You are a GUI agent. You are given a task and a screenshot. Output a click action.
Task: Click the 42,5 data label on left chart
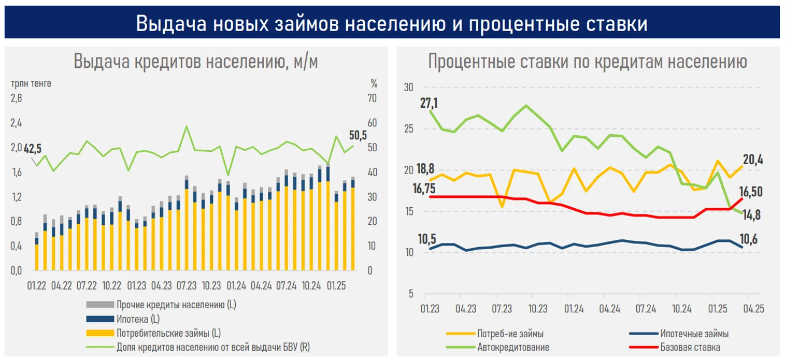point(32,149)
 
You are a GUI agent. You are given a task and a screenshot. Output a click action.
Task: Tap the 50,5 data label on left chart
point(358,136)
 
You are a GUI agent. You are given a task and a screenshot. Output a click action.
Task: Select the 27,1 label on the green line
point(429,103)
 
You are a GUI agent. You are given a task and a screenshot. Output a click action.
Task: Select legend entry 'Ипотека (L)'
point(137,319)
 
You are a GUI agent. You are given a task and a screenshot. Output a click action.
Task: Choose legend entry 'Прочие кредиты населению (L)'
point(176,305)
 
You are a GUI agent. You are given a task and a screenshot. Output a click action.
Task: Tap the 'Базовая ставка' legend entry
point(690,347)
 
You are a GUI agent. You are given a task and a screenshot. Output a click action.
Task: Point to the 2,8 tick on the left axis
point(17,98)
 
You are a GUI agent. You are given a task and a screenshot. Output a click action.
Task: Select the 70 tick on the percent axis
point(372,98)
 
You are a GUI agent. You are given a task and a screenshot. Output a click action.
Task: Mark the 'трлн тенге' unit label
point(31,83)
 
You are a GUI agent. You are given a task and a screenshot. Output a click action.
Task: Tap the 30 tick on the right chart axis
point(408,88)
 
